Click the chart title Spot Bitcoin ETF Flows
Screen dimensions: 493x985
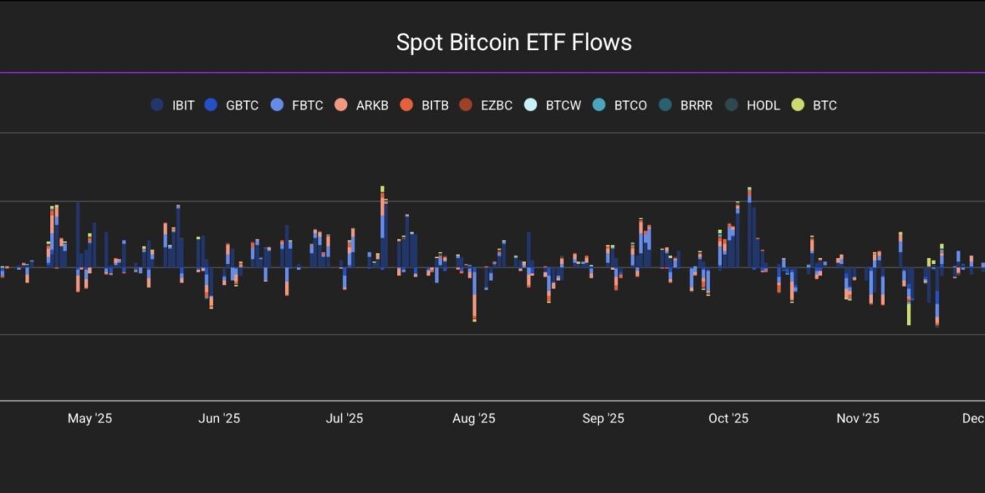tap(514, 42)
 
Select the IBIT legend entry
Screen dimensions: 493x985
tap(173, 105)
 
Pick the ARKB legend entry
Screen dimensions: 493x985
tap(362, 105)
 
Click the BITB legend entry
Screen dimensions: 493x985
tap(427, 105)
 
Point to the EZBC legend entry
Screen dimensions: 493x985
tap(487, 105)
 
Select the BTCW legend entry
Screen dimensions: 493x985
tap(553, 105)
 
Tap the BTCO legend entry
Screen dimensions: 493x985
tap(621, 105)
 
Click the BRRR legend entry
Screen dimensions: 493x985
tap(686, 105)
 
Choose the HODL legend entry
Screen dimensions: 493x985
tap(753, 105)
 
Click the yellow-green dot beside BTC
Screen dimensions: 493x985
tap(798, 105)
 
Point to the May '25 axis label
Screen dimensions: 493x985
tap(89, 419)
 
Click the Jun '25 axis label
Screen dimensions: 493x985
tap(219, 419)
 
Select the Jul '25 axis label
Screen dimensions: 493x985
tap(344, 419)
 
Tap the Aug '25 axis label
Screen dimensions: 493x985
tap(474, 419)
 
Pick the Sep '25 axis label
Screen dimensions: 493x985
tap(603, 419)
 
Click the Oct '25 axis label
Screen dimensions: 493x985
tap(728, 419)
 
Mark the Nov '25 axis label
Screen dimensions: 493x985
tap(858, 419)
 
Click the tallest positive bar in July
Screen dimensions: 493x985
tap(383, 228)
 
